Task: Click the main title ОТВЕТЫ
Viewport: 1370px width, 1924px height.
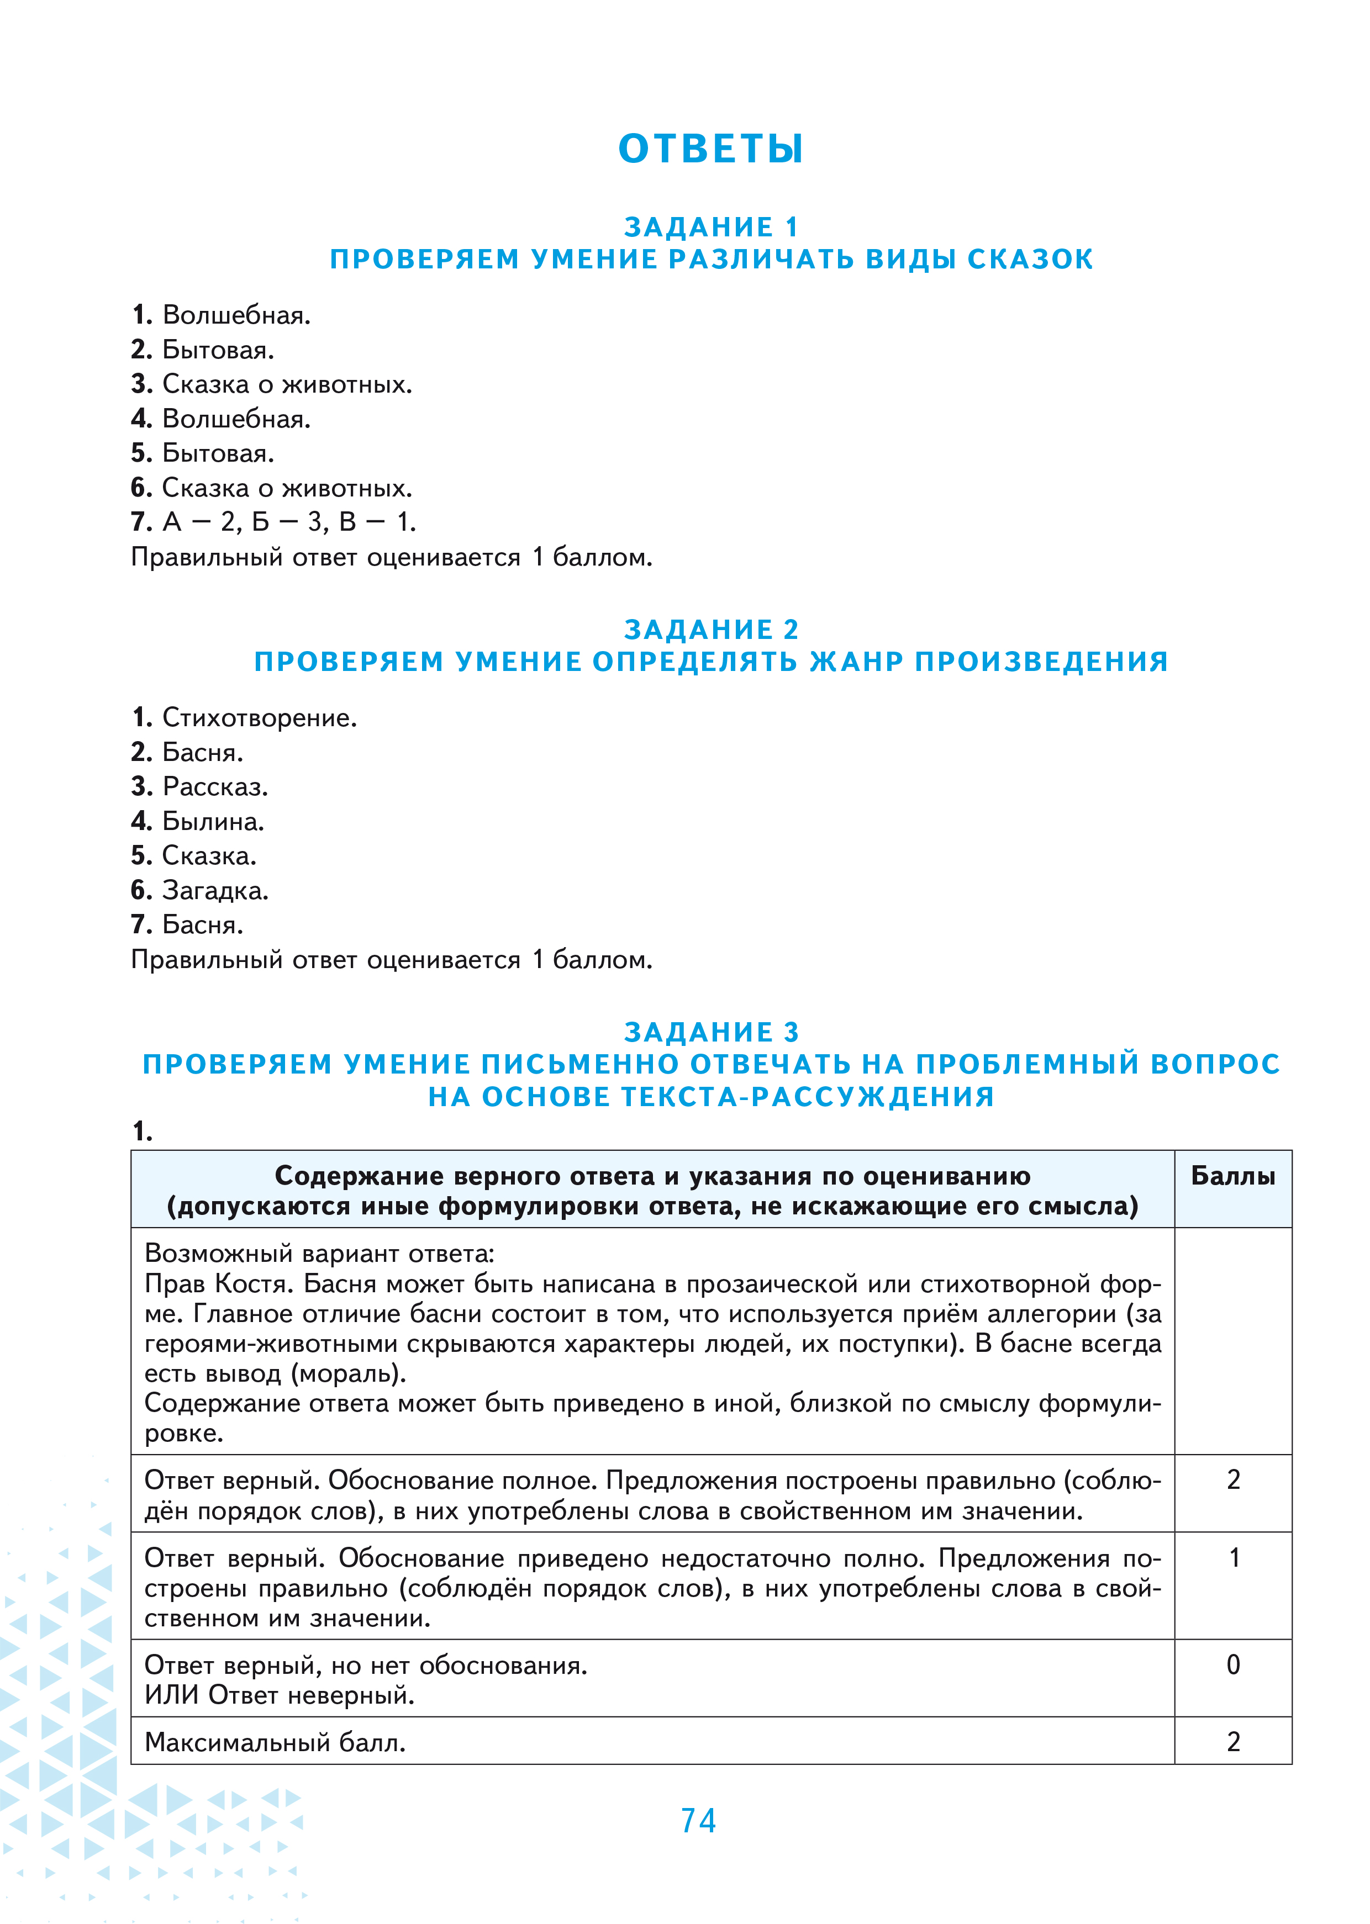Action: [x=710, y=149]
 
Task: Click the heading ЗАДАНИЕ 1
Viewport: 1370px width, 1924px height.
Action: [x=710, y=227]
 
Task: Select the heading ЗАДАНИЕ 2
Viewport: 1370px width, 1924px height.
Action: [x=710, y=629]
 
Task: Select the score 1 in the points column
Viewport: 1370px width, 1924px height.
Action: [x=1234, y=1557]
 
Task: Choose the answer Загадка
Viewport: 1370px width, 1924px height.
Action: [x=215, y=890]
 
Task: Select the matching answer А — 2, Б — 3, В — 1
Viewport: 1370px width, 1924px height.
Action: [x=288, y=523]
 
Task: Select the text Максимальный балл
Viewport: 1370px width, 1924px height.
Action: [x=275, y=1742]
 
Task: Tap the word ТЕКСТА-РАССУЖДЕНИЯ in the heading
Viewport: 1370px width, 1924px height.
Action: [x=807, y=1096]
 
